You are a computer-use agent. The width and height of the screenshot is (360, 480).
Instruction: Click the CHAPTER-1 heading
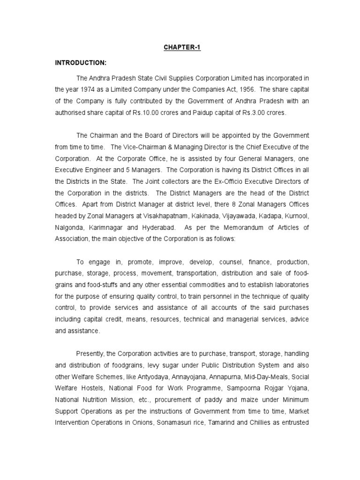coord(182,48)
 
